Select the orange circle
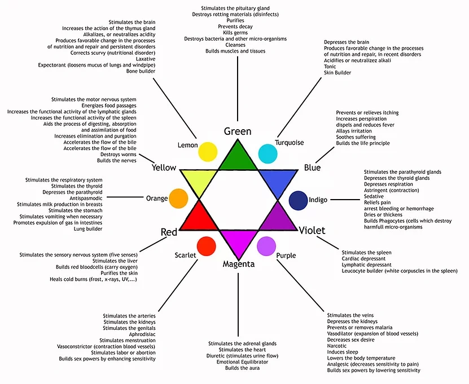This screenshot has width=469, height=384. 178,198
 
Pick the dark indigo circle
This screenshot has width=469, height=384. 297,200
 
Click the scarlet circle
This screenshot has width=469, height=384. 207,246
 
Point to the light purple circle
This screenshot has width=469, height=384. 266,245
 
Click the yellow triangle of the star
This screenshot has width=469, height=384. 199,180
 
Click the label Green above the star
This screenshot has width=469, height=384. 238,131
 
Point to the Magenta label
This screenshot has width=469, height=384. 238,264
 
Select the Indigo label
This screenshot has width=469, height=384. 318,200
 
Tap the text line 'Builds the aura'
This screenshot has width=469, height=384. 243,368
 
